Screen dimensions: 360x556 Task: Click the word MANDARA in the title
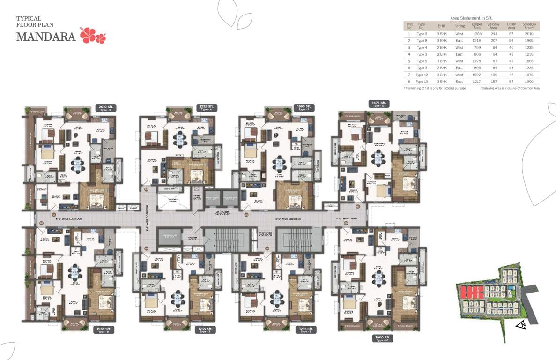pos(46,37)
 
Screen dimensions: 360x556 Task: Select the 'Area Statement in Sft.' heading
pos(471,17)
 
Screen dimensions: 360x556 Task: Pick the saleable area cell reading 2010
pos(529,34)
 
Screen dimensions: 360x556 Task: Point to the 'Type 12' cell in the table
pos(422,75)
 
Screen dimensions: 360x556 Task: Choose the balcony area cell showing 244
pos(493,34)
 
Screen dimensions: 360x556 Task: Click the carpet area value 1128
pos(477,61)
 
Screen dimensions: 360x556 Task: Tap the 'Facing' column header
pos(459,26)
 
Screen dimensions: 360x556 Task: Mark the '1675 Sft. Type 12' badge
pos(379,104)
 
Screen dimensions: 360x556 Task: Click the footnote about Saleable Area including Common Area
pos(510,88)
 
